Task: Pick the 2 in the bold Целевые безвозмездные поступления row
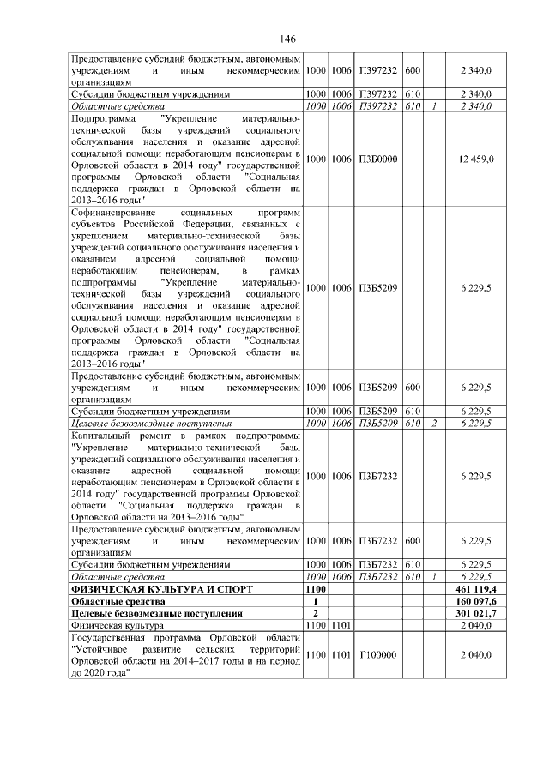pyautogui.click(x=317, y=613)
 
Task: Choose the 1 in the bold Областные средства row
pyautogui.click(x=317, y=601)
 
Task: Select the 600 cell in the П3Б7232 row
pyautogui.click(x=413, y=541)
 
